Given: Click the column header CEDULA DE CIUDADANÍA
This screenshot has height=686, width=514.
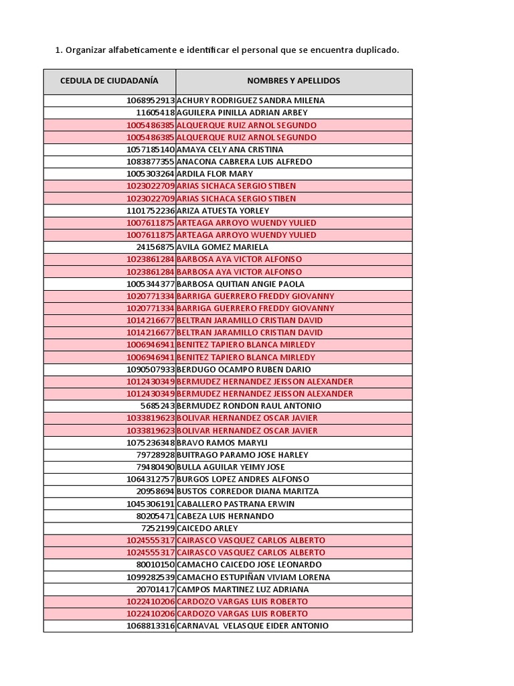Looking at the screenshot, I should pos(109,81).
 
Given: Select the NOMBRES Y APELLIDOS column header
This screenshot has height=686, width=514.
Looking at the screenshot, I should pos(293,81).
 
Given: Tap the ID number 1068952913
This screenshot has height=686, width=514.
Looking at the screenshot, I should pos(150,100).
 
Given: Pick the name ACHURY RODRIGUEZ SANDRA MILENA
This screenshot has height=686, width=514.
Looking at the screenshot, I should pos(250,100).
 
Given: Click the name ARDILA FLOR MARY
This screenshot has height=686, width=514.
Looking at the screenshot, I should pos(214,174).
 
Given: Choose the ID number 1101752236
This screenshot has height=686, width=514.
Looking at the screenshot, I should pos(150,210).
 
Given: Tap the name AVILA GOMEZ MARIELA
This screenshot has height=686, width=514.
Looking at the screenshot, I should pos(222,247).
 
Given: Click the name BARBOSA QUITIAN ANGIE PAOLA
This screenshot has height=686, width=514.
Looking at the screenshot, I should pos(240,284).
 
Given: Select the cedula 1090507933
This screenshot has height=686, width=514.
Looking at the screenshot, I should pos(150,369).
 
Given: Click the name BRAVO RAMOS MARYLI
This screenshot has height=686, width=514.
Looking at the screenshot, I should pos(222,443).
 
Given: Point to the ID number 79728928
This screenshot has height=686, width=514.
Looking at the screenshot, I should pos(155,455).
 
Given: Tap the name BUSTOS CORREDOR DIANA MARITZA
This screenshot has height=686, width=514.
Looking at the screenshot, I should pos(248,491).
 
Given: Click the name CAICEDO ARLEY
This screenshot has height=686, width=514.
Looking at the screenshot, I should pos(207,528).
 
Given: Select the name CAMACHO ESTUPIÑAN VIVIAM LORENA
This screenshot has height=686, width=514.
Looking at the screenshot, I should pos(253,577).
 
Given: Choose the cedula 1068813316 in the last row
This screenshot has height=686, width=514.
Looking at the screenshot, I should pos(150,626).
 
